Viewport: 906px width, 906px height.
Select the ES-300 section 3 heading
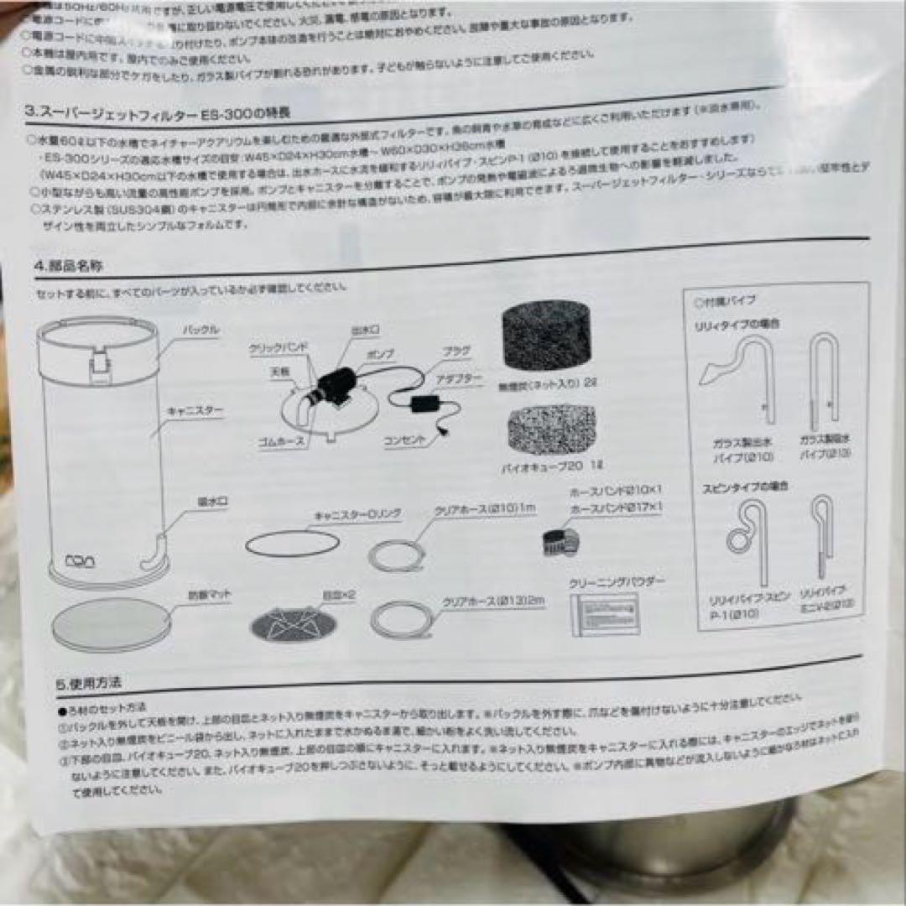point(159,112)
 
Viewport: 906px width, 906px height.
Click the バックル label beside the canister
point(200,331)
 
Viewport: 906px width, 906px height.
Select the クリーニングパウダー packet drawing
point(605,613)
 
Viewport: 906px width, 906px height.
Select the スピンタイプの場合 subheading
point(740,486)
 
